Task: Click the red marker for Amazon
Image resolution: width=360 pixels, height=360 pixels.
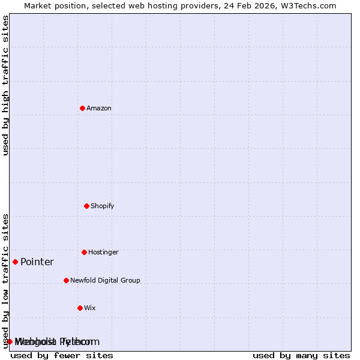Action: (x=82, y=108)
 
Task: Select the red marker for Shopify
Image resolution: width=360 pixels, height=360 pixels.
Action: (x=86, y=206)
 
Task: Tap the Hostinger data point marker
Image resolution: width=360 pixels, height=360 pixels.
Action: (x=84, y=252)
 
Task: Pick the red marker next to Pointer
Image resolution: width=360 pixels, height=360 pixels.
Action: (x=15, y=262)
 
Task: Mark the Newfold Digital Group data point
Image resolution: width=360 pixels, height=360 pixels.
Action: (x=66, y=280)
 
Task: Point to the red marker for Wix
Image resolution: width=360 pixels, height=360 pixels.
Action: (x=80, y=308)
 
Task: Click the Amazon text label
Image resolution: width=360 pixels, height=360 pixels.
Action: (x=99, y=108)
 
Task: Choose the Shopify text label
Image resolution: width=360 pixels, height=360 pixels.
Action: (x=103, y=206)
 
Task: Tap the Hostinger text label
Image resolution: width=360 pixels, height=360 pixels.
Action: (x=103, y=252)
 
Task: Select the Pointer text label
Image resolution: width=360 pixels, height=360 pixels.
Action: (x=37, y=262)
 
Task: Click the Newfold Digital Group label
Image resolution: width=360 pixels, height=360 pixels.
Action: (x=105, y=280)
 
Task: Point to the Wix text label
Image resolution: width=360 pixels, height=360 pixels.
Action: (x=90, y=308)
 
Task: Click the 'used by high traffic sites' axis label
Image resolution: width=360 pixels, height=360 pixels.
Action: (x=5, y=85)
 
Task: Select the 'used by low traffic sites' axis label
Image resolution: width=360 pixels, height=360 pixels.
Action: (x=5, y=280)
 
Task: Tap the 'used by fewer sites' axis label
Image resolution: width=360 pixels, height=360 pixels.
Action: (x=62, y=355)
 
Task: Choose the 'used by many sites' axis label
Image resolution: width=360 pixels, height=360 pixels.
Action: (x=301, y=355)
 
